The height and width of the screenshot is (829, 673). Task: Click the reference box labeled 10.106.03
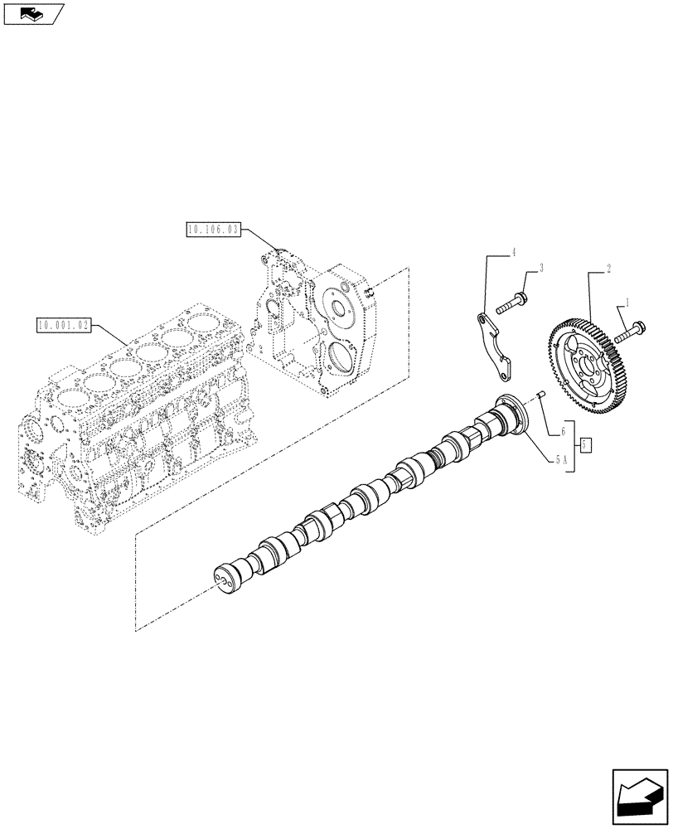pyautogui.click(x=213, y=230)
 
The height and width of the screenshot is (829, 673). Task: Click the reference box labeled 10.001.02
pyautogui.click(x=64, y=324)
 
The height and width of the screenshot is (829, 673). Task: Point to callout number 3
pyautogui.click(x=540, y=268)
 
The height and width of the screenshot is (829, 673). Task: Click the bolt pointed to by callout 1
pyautogui.click(x=633, y=328)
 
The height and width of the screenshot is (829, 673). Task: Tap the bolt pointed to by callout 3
pyautogui.click(x=511, y=303)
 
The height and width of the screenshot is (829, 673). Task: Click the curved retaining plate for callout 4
pyautogui.click(x=496, y=343)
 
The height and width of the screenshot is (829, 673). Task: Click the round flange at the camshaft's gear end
pyautogui.click(x=512, y=414)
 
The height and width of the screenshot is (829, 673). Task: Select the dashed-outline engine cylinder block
pyautogui.click(x=133, y=414)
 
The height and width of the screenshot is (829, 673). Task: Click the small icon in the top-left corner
pyautogui.click(x=33, y=12)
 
